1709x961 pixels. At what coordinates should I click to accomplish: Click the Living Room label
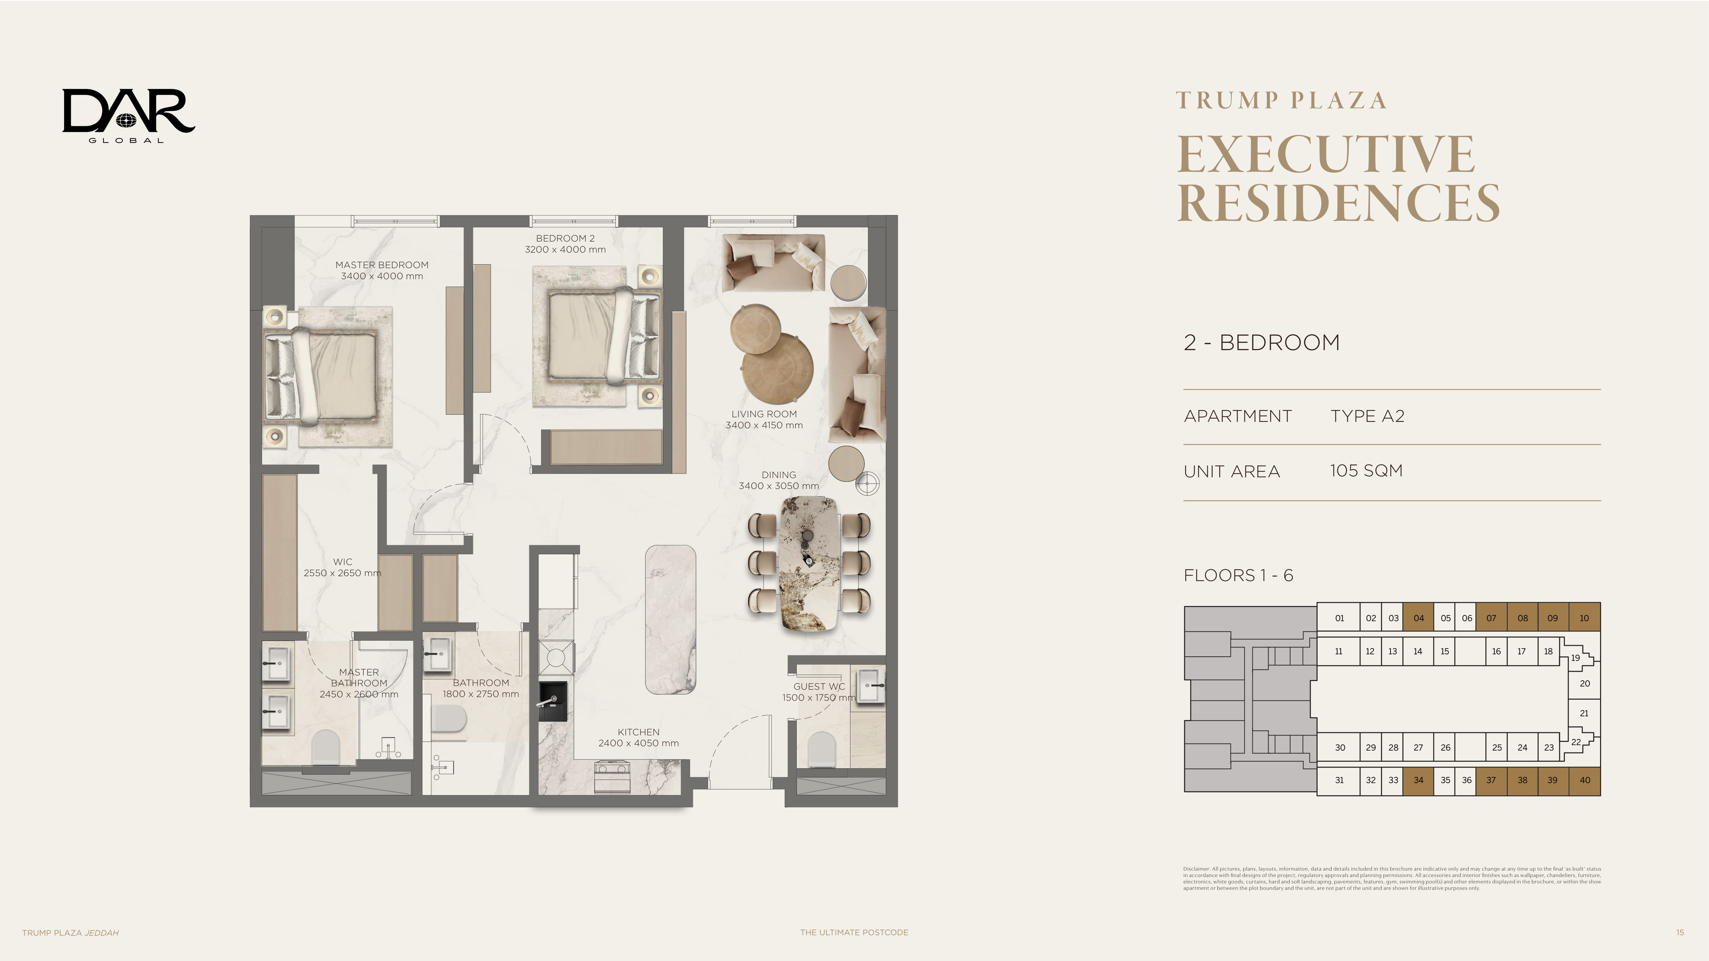pyautogui.click(x=764, y=414)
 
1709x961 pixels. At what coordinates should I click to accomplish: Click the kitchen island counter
pyautogui.click(x=671, y=620)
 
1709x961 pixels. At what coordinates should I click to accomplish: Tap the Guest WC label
pyautogui.click(x=819, y=686)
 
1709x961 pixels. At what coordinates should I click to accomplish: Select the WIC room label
pyautogui.click(x=342, y=562)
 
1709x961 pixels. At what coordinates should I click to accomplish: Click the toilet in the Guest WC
pyautogui.click(x=821, y=750)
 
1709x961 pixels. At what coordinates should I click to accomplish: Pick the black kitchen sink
pyautogui.click(x=553, y=701)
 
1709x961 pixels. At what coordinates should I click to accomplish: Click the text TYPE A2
pyautogui.click(x=1367, y=416)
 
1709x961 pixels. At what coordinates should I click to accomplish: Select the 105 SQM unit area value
pyautogui.click(x=1366, y=471)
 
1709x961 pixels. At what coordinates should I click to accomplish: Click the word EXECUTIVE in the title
pyautogui.click(x=1325, y=154)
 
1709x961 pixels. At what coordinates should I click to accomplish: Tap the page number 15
pyautogui.click(x=1680, y=932)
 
